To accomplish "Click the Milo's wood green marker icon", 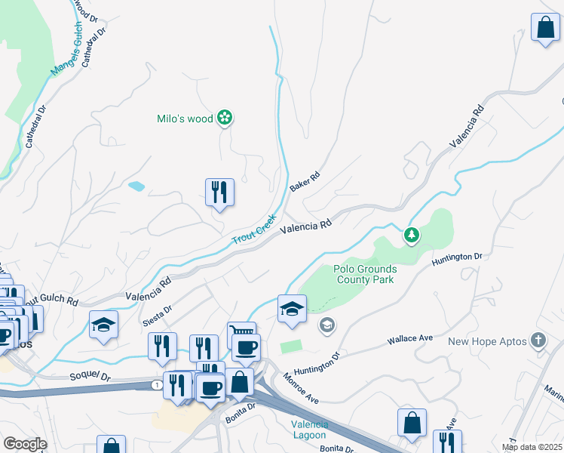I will (224, 117).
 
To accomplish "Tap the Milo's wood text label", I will (185, 118).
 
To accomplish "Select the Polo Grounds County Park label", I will (364, 274).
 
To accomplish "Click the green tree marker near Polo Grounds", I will (412, 236).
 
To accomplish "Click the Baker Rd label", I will (305, 182).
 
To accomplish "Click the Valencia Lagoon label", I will (309, 430).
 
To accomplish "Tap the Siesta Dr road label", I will (157, 313).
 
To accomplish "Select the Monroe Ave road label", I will (302, 388).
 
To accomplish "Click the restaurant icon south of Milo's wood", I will (219, 193).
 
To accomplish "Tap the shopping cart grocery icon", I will (241, 332).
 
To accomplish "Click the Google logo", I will (25, 444).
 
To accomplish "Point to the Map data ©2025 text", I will (532, 447).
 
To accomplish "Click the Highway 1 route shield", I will (155, 385).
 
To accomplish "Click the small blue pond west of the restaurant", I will (136, 186).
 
